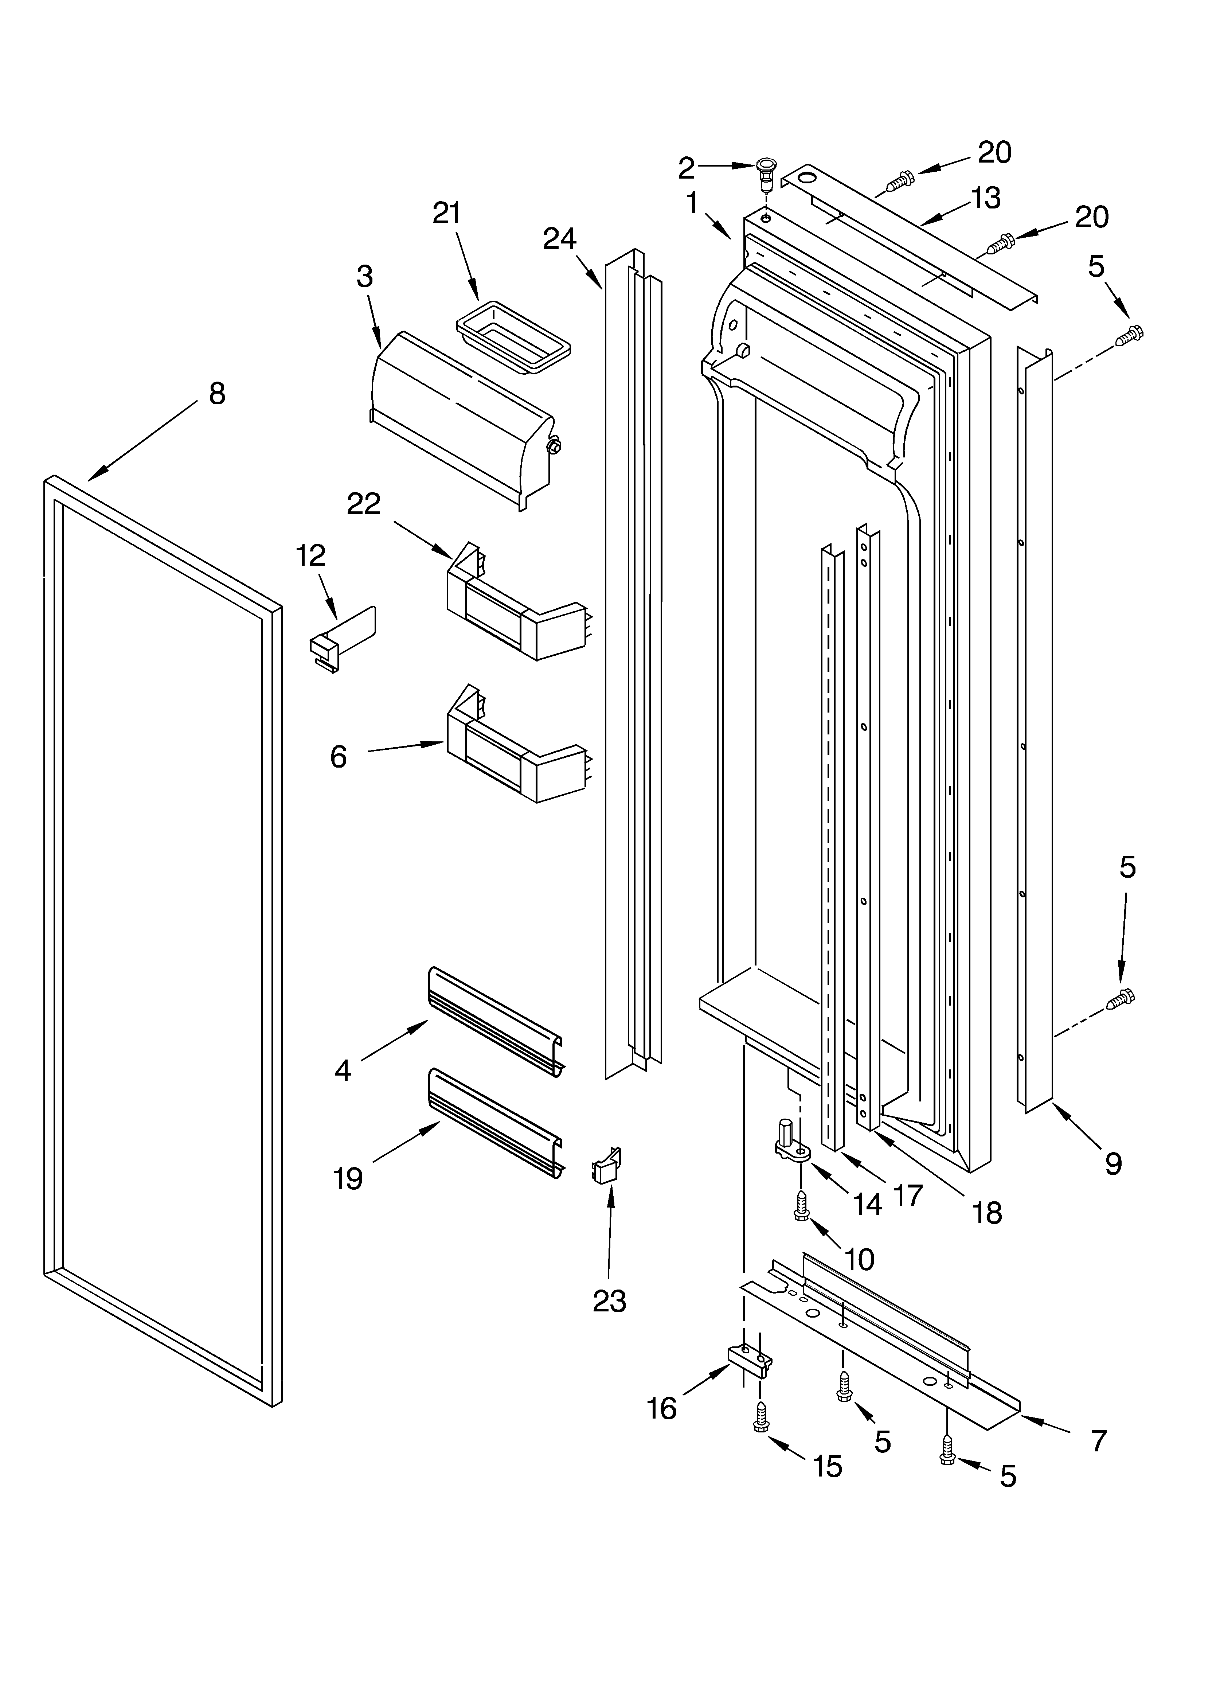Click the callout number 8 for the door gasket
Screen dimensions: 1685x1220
216,394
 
